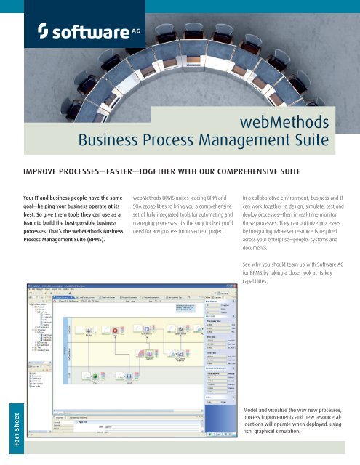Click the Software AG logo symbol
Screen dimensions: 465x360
pyautogui.click(x=45, y=31)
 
